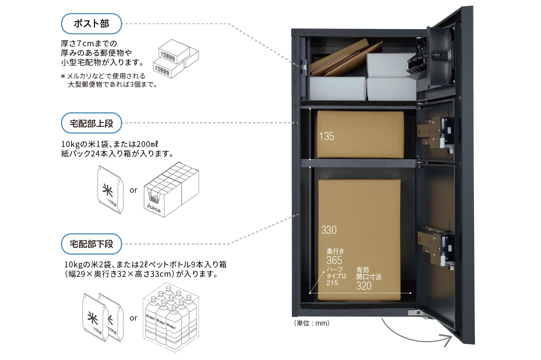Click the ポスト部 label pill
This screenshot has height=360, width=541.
91,24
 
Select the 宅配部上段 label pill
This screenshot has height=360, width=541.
91,123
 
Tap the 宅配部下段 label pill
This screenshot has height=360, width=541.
91,244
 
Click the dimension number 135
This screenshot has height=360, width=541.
326,136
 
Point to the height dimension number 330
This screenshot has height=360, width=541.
329,230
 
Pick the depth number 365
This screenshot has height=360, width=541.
334,260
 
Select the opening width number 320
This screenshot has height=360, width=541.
364,286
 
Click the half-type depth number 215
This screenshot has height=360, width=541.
332,283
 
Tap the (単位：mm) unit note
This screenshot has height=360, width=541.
312,323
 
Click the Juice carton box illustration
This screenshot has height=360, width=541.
171,190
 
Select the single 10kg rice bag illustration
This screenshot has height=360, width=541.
110,190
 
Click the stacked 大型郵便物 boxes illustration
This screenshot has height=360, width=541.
176,59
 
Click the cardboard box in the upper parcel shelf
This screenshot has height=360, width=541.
360,135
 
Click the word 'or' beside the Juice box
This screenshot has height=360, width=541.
133,190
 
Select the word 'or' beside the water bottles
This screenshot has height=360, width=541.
133,318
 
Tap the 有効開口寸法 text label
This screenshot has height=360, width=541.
369,273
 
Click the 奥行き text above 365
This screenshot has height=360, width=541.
335,251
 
